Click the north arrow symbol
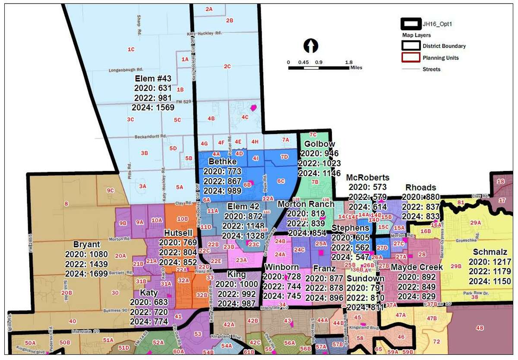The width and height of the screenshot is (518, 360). click(x=311, y=45)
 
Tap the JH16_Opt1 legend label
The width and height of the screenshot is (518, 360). click(x=437, y=24)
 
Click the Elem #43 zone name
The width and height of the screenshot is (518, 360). click(x=153, y=79)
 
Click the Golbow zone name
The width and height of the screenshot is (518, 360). click(x=320, y=144)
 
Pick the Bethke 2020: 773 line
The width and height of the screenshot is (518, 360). click(x=222, y=171)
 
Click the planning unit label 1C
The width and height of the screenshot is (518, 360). click(x=131, y=50)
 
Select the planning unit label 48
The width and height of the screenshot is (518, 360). click(x=479, y=328)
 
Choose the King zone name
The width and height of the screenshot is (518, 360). click(x=236, y=275)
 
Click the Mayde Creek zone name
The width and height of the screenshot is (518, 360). click(x=417, y=267)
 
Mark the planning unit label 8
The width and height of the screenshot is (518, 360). click(x=66, y=204)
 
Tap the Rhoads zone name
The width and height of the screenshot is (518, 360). click(x=420, y=187)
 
